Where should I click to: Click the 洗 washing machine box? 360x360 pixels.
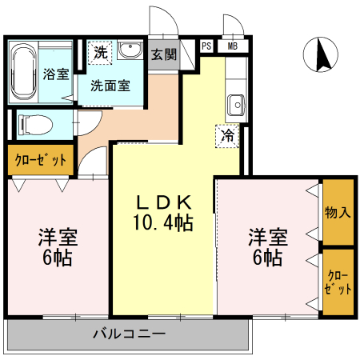[x=100, y=54]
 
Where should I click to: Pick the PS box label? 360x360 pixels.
[x=207, y=46]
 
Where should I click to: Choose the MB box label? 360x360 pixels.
[x=232, y=46]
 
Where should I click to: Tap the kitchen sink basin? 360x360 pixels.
[x=235, y=104]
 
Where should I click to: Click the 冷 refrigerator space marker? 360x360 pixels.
[x=228, y=135]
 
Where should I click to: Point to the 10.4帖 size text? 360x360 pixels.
[x=162, y=221]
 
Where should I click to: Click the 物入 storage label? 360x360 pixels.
[x=338, y=213]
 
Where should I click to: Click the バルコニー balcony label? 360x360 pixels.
[x=128, y=333]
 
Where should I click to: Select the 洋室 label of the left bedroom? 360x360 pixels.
[x=57, y=238]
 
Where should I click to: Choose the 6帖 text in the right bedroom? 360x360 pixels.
[x=267, y=258]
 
